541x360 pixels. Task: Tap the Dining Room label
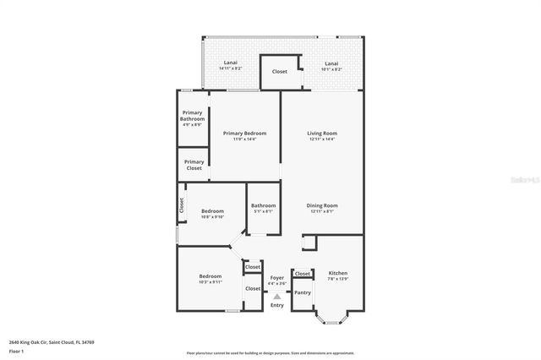click(x=322, y=208)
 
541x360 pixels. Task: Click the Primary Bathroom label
click(x=193, y=118)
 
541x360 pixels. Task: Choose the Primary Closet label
click(x=194, y=165)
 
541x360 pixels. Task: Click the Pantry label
click(x=303, y=292)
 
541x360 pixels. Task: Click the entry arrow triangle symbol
click(x=276, y=296)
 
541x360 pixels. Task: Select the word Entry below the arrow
click(x=277, y=305)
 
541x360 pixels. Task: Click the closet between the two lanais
click(x=279, y=72)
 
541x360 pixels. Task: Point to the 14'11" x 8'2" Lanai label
click(x=230, y=66)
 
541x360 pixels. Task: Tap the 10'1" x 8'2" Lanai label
click(x=335, y=66)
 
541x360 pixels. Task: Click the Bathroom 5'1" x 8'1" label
click(x=263, y=208)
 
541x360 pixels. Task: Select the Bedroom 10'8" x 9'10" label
click(x=212, y=213)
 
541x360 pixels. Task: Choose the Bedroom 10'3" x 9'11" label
click(x=210, y=279)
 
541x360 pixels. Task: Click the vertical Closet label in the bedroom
click(x=181, y=205)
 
